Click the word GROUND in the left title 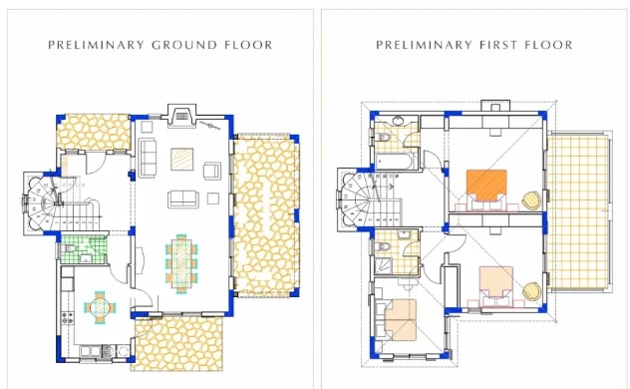click(x=184, y=45)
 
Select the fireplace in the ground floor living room click(x=181, y=116)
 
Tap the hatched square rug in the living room click(x=181, y=160)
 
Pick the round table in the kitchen click(x=100, y=307)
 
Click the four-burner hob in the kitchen click(x=67, y=318)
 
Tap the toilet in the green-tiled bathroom click(x=70, y=249)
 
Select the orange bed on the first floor click(x=486, y=185)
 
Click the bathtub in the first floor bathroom click(x=394, y=162)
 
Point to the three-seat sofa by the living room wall click(x=148, y=158)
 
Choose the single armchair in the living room click(x=212, y=171)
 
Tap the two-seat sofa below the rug click(x=183, y=198)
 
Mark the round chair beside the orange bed click(x=532, y=200)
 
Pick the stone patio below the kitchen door click(x=178, y=343)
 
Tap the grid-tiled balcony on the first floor click(x=578, y=211)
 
